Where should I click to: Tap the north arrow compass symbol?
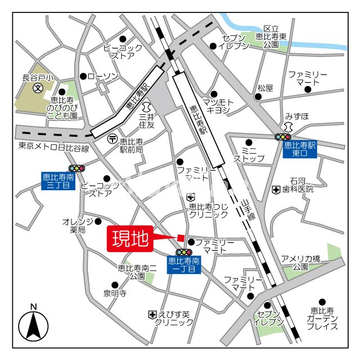pos(33,325)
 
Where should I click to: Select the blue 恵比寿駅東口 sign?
pos(300,148)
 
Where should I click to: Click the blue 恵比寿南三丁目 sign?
pos(58,181)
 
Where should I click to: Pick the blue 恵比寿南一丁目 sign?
pos(184,265)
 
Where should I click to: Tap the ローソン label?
pos(103,76)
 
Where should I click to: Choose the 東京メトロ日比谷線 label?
pos(53,148)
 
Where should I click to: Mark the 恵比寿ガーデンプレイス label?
pos(322,318)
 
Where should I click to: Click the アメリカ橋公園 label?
pos(300,263)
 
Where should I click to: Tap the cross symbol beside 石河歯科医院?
pos(276,190)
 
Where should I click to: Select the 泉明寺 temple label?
pos(114,293)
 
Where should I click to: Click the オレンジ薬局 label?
pos(74,226)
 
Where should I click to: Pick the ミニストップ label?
pos(249,155)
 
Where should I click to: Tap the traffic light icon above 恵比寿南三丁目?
pos(76,168)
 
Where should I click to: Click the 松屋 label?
pos(265,88)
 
